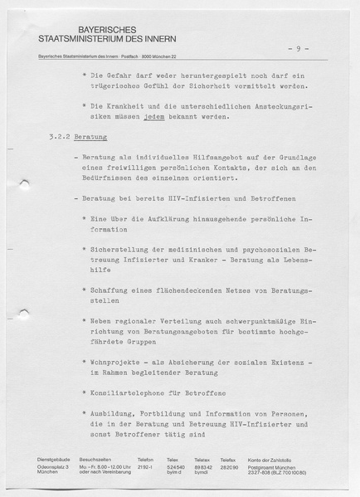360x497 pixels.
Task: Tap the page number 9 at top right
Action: coord(298,49)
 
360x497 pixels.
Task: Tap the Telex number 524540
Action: coord(176,465)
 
